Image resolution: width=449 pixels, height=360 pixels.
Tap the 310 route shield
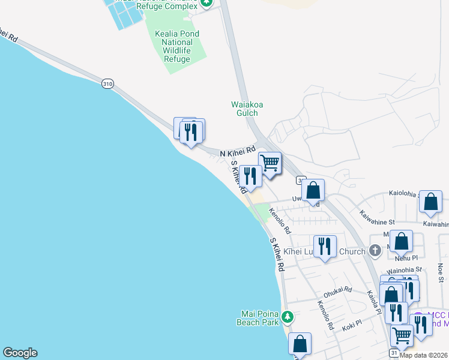[x=107, y=84]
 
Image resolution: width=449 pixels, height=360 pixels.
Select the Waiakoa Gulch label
[x=247, y=109]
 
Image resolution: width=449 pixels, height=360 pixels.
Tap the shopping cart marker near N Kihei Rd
[x=270, y=163]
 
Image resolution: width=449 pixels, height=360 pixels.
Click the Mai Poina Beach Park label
[x=260, y=318]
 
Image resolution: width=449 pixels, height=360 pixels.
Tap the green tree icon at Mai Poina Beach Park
[x=288, y=316]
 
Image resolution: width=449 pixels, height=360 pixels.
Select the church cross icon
[x=375, y=251]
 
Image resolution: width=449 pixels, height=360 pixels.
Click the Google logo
[x=20, y=353]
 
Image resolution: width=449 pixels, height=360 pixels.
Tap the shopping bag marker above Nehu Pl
[x=402, y=241]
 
